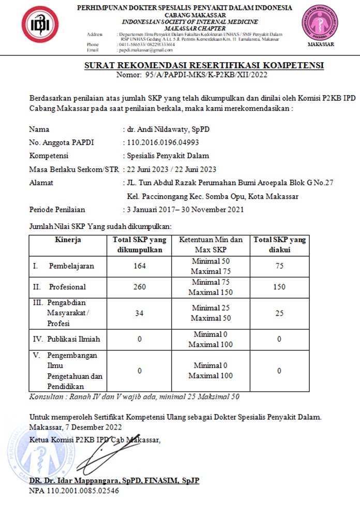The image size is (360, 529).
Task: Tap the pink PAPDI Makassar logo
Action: point(320,23)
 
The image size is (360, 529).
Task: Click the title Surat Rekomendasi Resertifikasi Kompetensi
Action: point(204,66)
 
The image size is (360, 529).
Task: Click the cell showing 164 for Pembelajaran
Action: point(140,266)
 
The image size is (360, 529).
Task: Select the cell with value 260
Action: point(140,287)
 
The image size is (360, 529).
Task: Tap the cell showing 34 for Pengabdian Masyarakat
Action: point(140,313)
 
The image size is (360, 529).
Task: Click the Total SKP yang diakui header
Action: point(279,244)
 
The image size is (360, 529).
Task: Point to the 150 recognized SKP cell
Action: point(279,287)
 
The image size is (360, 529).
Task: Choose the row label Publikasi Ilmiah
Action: point(73,339)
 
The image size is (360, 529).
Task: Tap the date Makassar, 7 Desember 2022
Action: point(76,427)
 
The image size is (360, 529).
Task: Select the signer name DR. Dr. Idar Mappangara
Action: point(114,481)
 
